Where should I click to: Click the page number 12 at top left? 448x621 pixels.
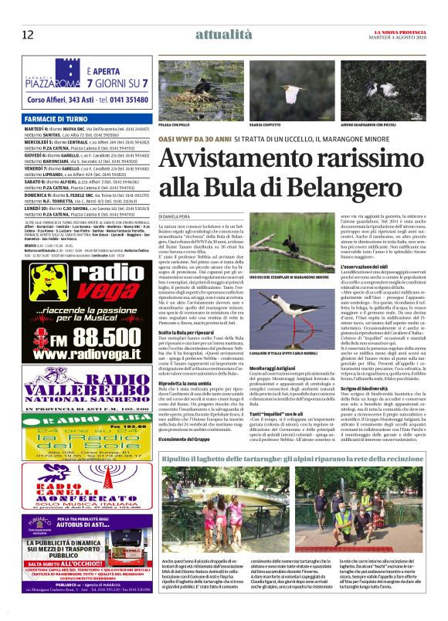(28, 34)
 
